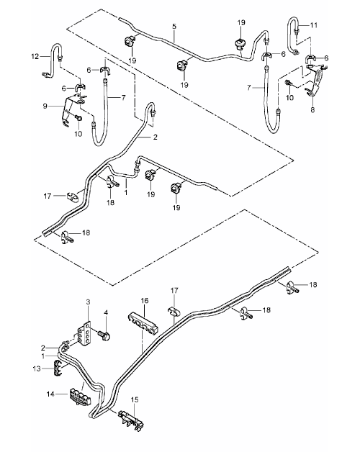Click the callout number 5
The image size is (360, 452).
pos(174,27)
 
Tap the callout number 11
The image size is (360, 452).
pos(314,25)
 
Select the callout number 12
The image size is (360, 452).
pos(35,56)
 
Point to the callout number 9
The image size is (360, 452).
pos(45,106)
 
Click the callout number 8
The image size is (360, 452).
pos(312,110)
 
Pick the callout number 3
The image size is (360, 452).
pos(88,302)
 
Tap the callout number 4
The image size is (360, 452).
pos(106,312)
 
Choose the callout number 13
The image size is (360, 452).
pos(37,369)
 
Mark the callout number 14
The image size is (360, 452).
pos(50,394)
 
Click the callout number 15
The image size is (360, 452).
pos(135,400)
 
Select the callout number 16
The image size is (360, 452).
pos(145,301)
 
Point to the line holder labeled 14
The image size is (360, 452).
pos(80,397)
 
